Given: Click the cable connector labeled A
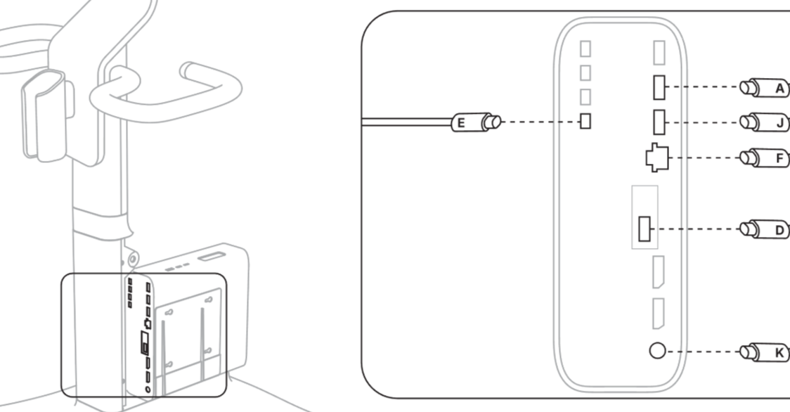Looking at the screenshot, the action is click(765, 88).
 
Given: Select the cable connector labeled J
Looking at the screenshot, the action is click(765, 122).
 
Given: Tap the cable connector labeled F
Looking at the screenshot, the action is click(765, 158).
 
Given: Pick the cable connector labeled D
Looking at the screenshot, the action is click(765, 229).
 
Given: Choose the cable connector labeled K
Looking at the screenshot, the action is click(765, 352).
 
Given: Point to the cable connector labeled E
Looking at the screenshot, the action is click(476, 122).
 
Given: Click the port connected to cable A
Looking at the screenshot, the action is click(659, 87).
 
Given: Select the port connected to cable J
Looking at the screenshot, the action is click(659, 122).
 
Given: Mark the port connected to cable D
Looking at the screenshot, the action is click(645, 229).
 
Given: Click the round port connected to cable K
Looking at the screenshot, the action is click(657, 350).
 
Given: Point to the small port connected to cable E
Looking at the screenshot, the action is click(585, 121).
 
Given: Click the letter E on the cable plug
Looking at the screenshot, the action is click(460, 123).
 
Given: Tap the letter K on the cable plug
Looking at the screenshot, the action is click(780, 353).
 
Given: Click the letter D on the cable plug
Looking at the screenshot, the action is click(780, 231).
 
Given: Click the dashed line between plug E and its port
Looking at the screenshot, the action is click(540, 122).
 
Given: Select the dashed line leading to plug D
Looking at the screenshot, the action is click(696, 229).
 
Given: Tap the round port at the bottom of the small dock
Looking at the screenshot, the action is click(148, 390).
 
